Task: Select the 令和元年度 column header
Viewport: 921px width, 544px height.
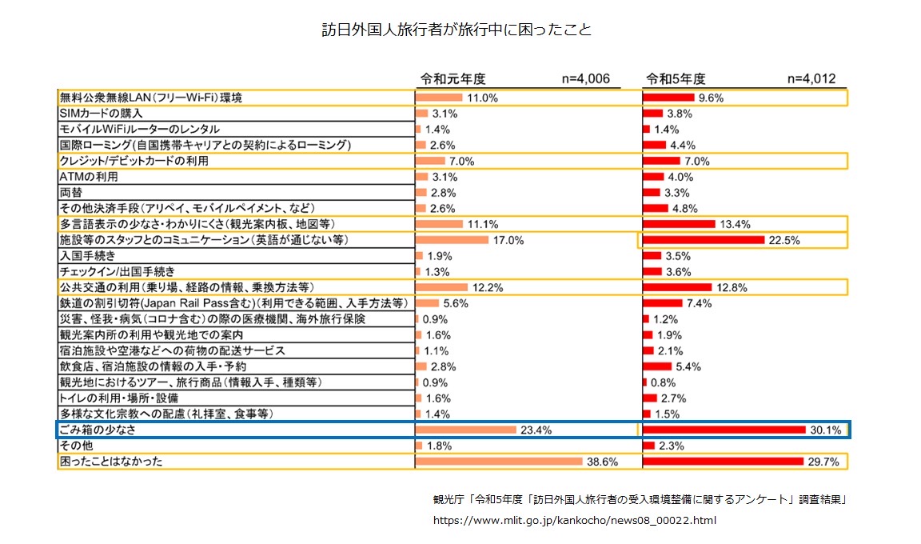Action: (453, 78)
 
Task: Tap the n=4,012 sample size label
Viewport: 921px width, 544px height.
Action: (811, 78)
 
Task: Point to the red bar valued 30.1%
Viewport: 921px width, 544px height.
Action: (724, 430)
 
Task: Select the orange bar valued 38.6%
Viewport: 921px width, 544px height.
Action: (499, 462)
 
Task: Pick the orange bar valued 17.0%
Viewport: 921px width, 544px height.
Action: (452, 240)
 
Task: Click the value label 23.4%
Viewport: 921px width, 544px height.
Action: (536, 430)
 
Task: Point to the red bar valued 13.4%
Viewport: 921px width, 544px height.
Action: (679, 224)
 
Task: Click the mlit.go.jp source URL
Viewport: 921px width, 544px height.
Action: (574, 520)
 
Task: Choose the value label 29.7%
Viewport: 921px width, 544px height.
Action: (823, 462)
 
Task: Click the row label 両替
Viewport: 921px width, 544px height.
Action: (71, 193)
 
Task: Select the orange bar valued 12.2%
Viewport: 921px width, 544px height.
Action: (441, 287)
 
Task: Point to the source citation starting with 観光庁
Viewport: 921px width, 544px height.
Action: (639, 500)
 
